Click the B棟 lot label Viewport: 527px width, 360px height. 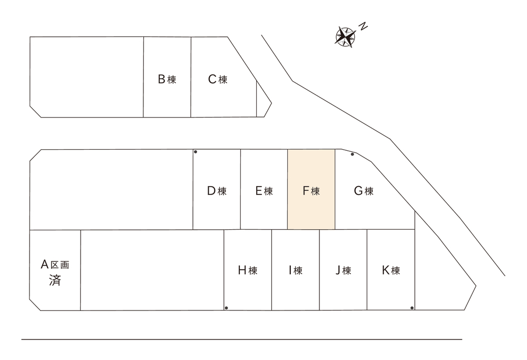(x=167, y=80)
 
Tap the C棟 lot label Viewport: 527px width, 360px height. (x=218, y=80)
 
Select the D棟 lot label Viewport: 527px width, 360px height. (x=217, y=191)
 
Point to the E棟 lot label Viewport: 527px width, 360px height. (x=264, y=191)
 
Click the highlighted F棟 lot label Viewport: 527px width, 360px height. (x=311, y=191)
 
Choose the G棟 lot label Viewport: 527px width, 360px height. (x=364, y=191)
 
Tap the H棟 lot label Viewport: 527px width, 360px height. (x=248, y=270)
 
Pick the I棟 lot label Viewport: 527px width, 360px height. (x=296, y=270)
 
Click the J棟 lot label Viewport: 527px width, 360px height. (x=343, y=270)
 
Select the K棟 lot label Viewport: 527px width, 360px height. (x=391, y=270)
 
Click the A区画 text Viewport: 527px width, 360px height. (x=55, y=265)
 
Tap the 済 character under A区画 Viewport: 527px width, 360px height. (x=55, y=280)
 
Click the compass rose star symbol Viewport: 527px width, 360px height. (x=346, y=37)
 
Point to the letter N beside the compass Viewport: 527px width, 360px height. (x=363, y=26)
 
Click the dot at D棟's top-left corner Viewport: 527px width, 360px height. (x=196, y=152)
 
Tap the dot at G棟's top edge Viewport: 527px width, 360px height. (x=352, y=154)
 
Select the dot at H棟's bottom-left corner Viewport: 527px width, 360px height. (x=226, y=308)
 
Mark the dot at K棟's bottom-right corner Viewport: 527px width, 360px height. (x=412, y=308)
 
